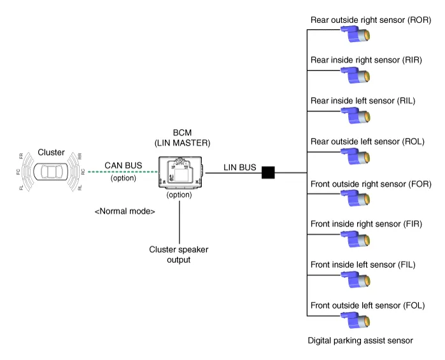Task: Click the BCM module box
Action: pos(180,172)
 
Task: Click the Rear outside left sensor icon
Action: pos(355,156)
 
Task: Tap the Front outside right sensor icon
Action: pos(355,198)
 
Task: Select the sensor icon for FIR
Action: pos(355,239)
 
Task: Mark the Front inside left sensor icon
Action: pos(355,279)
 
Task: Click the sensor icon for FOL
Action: pos(355,319)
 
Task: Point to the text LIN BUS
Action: pos(240,168)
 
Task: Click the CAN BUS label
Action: pos(124,166)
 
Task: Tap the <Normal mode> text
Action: pos(125,211)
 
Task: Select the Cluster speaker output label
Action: pos(179,254)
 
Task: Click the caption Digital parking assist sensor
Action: pos(360,341)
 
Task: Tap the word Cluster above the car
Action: pos(51,152)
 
